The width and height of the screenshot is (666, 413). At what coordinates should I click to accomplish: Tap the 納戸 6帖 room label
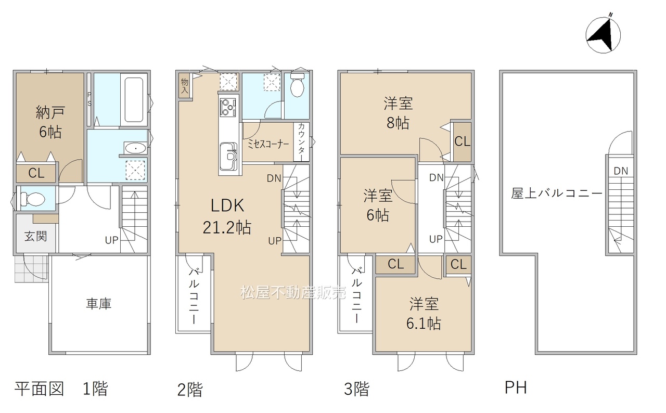click(50, 122)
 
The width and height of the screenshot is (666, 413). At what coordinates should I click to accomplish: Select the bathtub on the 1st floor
click(134, 99)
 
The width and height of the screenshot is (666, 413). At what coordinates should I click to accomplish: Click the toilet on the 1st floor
click(33, 199)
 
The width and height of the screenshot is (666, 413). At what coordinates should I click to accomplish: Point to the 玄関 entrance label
click(36, 237)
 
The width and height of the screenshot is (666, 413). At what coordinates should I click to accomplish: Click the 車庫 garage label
click(99, 304)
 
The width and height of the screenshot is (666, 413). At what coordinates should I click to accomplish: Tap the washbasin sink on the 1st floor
click(135, 148)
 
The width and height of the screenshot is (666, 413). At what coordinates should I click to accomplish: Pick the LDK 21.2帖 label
click(227, 216)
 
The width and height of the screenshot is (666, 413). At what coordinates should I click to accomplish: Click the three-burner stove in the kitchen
click(228, 108)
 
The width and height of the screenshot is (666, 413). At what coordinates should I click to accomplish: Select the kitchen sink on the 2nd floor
click(228, 157)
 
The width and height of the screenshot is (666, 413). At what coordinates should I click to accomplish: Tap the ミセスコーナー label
click(268, 145)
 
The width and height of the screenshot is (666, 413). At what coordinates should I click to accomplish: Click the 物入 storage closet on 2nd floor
click(184, 86)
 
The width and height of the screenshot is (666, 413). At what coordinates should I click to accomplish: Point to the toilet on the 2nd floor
click(297, 84)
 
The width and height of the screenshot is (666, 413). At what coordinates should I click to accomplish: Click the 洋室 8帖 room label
click(398, 113)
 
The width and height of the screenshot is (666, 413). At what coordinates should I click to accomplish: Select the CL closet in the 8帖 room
click(463, 141)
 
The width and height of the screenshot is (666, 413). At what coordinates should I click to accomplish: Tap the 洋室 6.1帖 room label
click(424, 314)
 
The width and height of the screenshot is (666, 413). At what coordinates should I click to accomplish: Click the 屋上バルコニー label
click(557, 193)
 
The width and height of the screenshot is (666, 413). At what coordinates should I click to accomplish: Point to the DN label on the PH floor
click(621, 171)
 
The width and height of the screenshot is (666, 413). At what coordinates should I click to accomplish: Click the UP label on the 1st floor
click(111, 240)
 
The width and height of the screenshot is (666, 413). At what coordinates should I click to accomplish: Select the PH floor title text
click(516, 388)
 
